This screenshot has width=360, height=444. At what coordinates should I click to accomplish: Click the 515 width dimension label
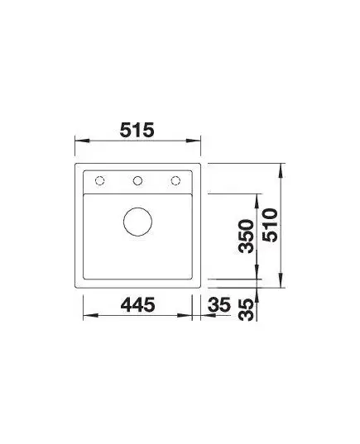[x=137, y=130]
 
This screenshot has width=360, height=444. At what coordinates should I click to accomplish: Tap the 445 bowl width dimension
[x=137, y=305]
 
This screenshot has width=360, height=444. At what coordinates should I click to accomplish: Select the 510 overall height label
[x=270, y=225]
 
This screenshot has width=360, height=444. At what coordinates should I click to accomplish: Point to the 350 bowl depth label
[x=246, y=236]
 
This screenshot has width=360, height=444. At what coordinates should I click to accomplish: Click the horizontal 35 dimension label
[x=219, y=305]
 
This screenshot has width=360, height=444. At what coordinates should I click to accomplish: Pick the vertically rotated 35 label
[x=246, y=310]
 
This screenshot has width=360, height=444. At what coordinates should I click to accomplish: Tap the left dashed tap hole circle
[x=100, y=180]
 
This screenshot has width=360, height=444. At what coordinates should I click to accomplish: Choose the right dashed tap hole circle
[x=175, y=180]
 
